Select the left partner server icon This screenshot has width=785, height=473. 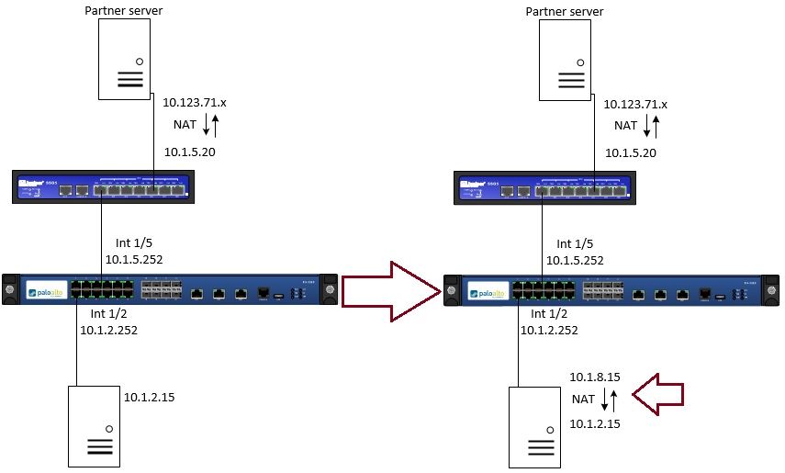coord(125,60)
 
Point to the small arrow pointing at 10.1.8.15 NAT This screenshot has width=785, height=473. coord(657,395)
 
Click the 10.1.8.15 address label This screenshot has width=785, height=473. coord(596,377)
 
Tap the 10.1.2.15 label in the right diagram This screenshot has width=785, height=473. coord(596,423)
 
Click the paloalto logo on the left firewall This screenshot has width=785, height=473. coord(45,292)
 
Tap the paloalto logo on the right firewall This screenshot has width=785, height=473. coord(487,292)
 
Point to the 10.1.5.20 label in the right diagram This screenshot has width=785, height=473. coord(632,152)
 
